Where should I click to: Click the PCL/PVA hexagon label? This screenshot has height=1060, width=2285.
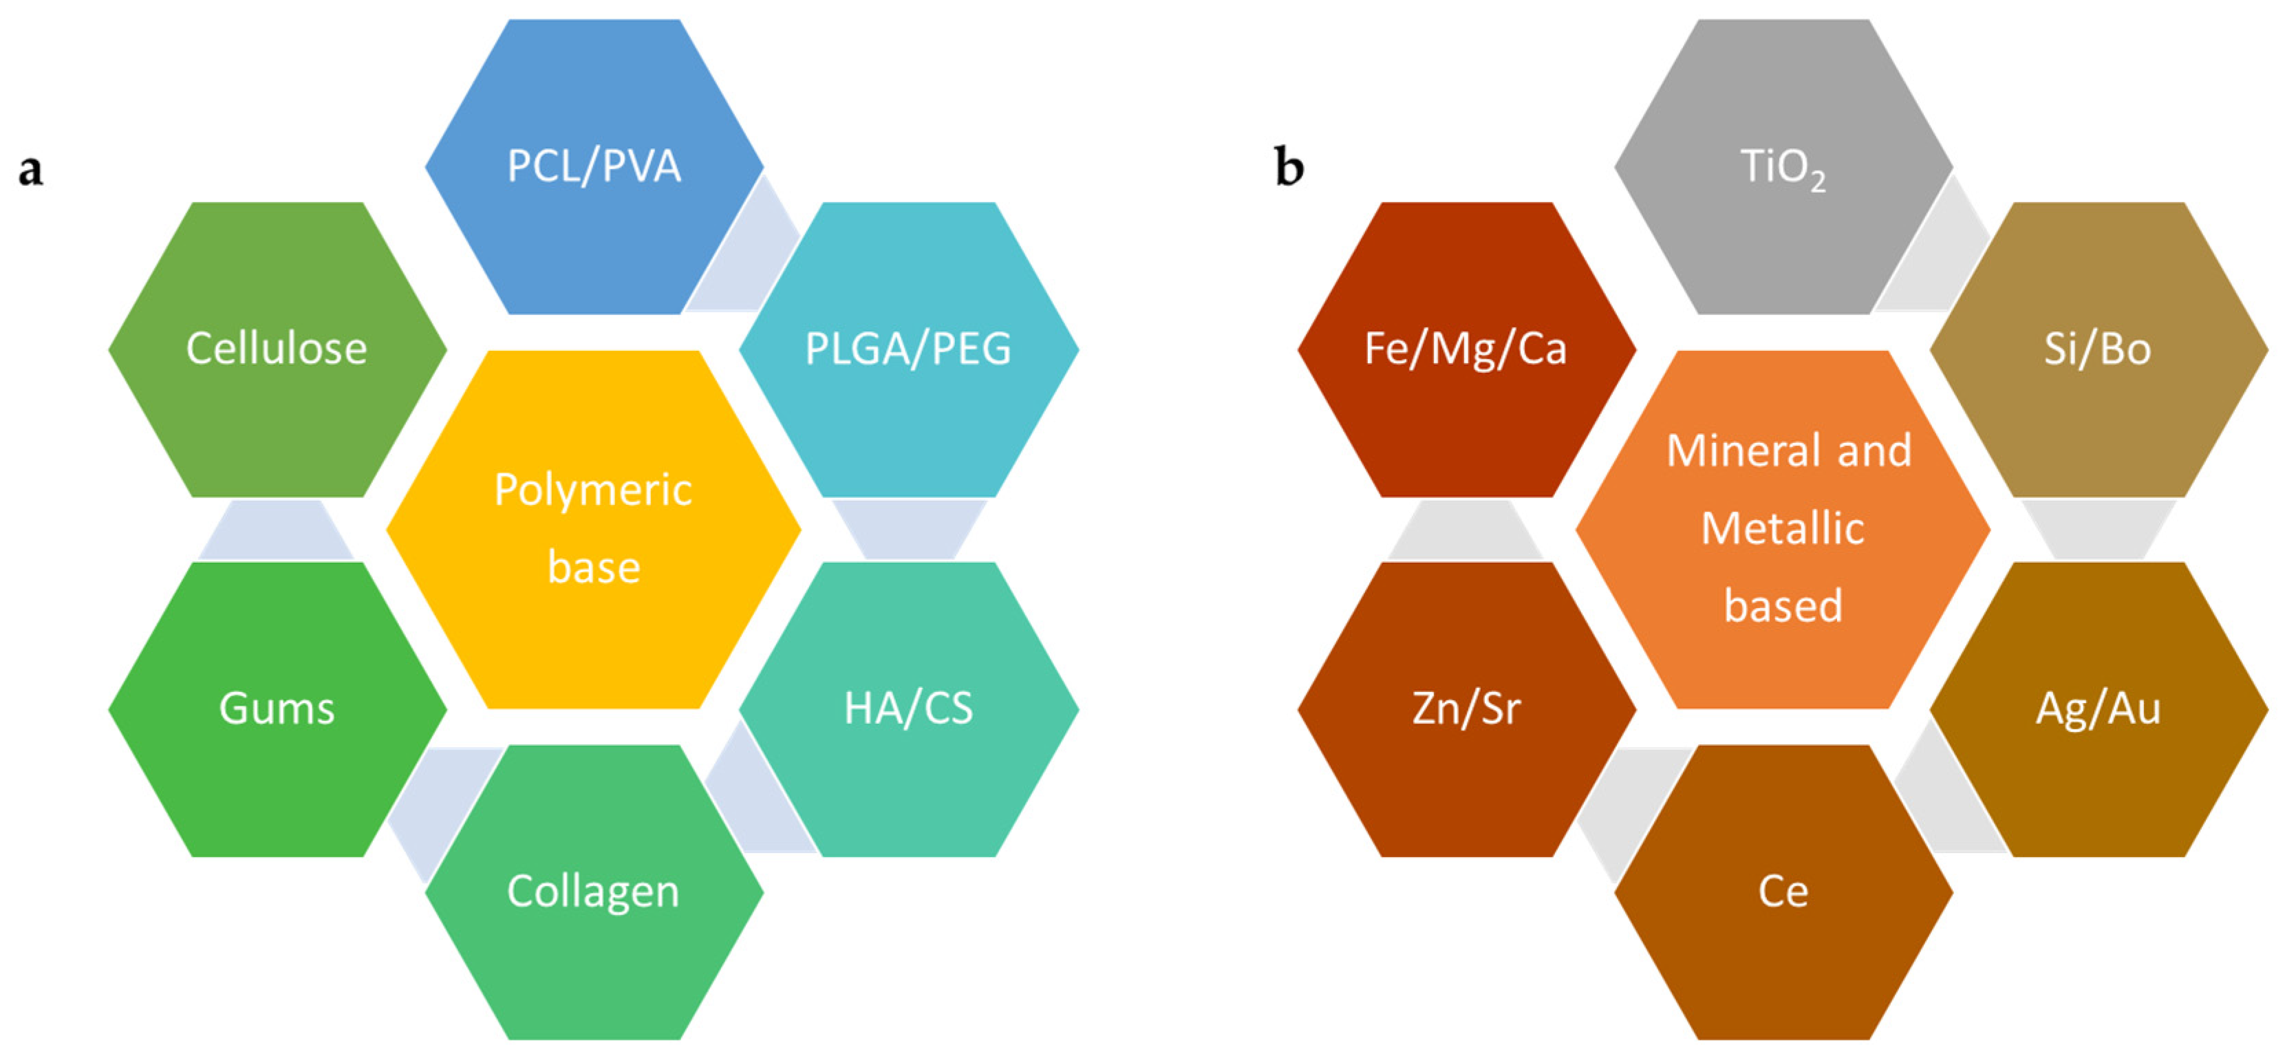[x=593, y=166]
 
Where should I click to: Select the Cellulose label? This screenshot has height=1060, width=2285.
[x=276, y=349]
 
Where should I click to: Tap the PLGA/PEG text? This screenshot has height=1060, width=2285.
[x=908, y=349]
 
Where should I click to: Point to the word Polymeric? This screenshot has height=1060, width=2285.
[x=592, y=490]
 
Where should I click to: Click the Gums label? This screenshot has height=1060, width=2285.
[x=276, y=709]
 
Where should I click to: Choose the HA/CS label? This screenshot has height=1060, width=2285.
[x=908, y=709]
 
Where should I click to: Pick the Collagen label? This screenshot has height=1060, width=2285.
[x=592, y=891]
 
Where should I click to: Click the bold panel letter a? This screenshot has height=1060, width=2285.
[x=31, y=169]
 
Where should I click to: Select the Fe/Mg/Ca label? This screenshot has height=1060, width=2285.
[x=1466, y=349]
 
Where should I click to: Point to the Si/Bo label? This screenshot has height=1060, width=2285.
[x=2097, y=349]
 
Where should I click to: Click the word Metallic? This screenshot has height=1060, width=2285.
[x=1782, y=529]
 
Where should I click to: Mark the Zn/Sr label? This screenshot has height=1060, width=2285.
[x=1466, y=709]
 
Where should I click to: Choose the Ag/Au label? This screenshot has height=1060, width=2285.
[x=2097, y=709]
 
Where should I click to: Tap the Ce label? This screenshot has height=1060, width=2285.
[x=1782, y=891]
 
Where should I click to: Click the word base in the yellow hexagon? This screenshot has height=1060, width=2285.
[x=592, y=567]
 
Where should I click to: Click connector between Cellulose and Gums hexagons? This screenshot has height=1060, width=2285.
[x=276, y=530]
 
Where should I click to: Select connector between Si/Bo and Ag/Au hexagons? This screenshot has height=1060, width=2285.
[x=2097, y=530]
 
